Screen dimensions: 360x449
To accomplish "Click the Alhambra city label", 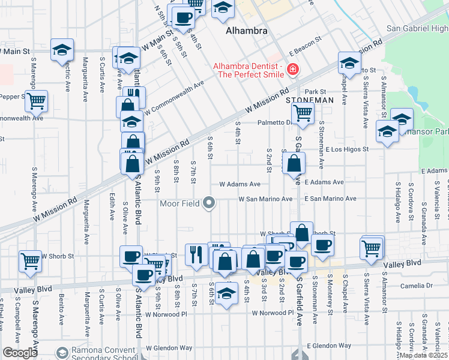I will coord(246,31).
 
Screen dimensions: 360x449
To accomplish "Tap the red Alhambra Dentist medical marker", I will coord(293,70).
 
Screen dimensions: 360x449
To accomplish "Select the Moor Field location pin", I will coord(209,203).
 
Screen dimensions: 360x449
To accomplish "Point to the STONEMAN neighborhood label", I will coord(309,100).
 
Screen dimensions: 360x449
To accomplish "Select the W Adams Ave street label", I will coord(240,184).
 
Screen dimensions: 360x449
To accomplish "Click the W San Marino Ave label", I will coord(265,199).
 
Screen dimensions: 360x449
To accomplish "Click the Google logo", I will coord(20,352).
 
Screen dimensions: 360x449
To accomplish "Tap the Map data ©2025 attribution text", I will coord(423,355).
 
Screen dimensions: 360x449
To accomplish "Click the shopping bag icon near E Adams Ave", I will coord(294,163).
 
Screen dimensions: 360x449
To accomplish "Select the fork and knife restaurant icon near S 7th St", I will coord(196,254).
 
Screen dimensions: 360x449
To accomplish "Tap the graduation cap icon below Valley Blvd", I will coord(226,293).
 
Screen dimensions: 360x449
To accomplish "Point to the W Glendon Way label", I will coord(168,347).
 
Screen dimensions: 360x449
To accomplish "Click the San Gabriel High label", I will coord(417,28).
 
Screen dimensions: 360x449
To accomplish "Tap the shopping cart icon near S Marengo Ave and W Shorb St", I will coord(30,260).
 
